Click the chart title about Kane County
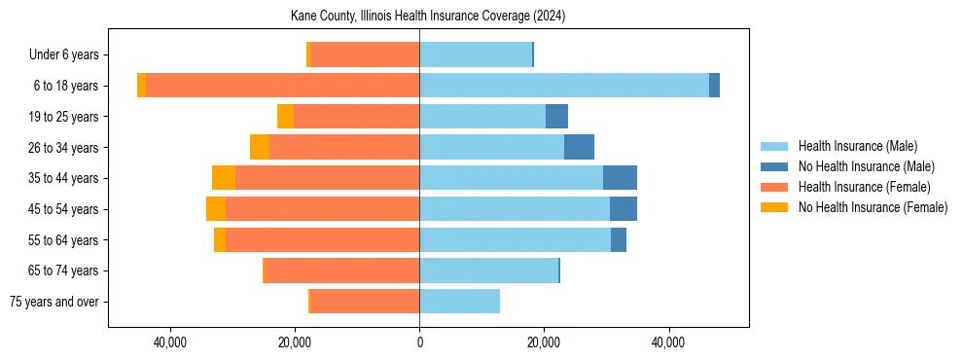(x=428, y=17)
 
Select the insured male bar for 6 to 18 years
(x=564, y=86)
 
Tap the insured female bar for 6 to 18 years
(x=282, y=86)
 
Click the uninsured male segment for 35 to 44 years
(x=620, y=178)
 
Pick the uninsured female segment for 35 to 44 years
(x=224, y=178)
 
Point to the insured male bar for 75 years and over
(x=459, y=302)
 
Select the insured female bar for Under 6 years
(x=365, y=54)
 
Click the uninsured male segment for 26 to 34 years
(x=579, y=147)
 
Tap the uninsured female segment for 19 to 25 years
(x=285, y=117)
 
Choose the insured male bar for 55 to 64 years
(x=516, y=239)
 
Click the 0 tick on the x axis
(x=419, y=342)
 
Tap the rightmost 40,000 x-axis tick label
(x=668, y=342)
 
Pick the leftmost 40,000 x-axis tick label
(x=170, y=342)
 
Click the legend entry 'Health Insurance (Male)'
(x=857, y=146)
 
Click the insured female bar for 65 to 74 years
(x=340, y=270)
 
